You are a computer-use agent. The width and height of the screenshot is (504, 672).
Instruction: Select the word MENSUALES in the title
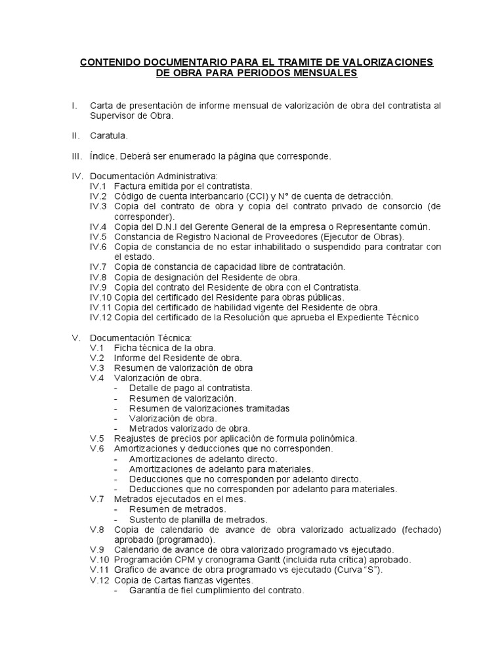[x=322, y=73]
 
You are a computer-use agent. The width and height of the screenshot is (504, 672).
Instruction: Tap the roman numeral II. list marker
[x=76, y=136]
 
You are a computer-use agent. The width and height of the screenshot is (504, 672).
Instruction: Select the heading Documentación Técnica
[x=136, y=337]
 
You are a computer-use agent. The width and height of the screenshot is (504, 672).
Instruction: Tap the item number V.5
[x=97, y=438]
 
